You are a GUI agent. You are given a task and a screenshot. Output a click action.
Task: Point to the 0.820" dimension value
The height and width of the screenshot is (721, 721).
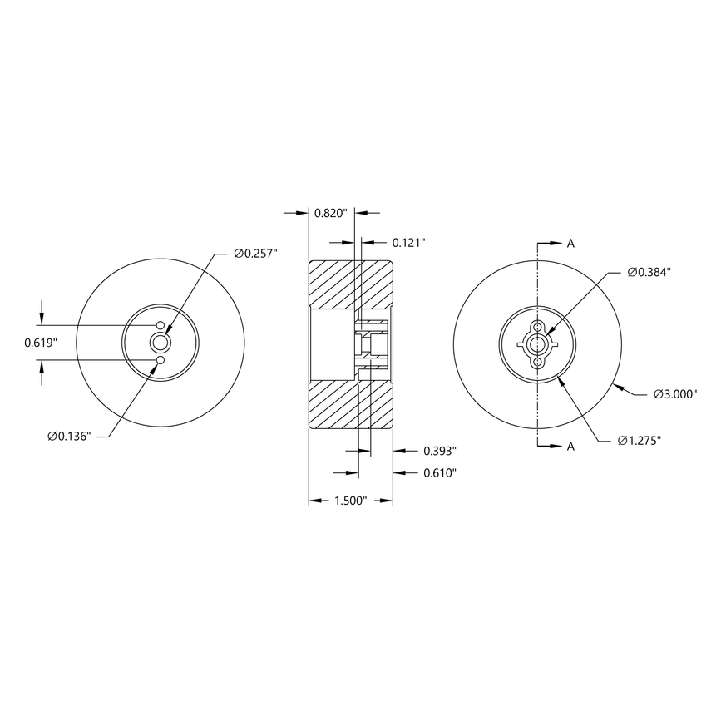[x=331, y=213]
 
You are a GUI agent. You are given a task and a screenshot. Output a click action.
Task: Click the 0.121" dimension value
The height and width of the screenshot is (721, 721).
[x=408, y=242]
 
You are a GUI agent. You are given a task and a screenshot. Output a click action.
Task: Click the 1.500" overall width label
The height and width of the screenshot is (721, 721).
[x=350, y=501]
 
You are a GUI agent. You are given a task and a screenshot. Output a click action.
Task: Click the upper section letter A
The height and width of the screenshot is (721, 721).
[x=570, y=244]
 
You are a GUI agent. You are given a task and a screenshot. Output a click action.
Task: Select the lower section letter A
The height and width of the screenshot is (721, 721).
[x=570, y=447]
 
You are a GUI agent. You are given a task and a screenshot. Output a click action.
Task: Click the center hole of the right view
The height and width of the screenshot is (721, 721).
[x=539, y=343]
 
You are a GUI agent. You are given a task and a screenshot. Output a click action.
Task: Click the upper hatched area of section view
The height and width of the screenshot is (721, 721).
[x=349, y=283]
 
